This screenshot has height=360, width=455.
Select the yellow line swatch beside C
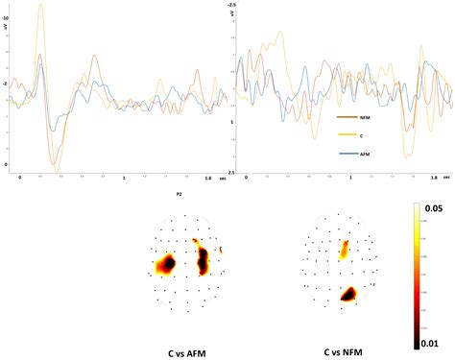(x=342, y=136)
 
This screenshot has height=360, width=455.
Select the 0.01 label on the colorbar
(x=432, y=343)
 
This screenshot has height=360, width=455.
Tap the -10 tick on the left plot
(x=7, y=17)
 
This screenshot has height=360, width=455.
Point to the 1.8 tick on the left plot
(x=205, y=178)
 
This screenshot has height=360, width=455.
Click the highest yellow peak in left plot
(x=40, y=6)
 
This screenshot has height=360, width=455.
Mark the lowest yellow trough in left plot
(x=57, y=172)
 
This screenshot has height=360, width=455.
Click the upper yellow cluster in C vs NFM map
(x=344, y=250)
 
